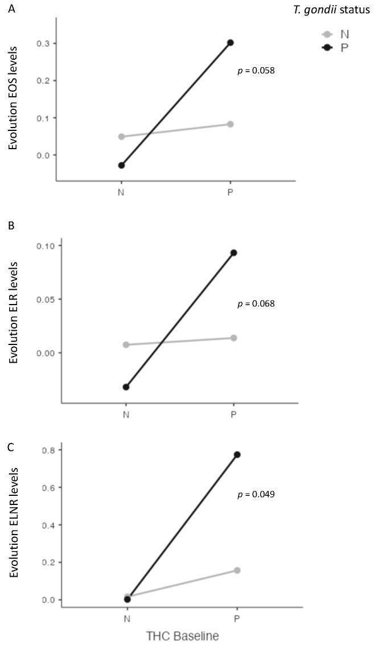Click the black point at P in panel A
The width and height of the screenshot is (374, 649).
tap(231, 43)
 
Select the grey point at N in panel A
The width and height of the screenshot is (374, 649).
tap(121, 137)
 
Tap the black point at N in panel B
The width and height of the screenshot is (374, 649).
tap(126, 387)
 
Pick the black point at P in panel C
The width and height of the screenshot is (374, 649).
tap(237, 454)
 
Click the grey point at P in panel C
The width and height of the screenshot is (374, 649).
tap(237, 570)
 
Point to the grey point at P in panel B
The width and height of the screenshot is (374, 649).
tap(233, 338)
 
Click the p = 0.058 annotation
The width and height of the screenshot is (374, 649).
tap(256, 71)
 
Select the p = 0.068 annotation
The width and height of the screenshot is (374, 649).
tap(256, 303)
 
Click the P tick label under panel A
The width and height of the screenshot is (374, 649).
tap(231, 192)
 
